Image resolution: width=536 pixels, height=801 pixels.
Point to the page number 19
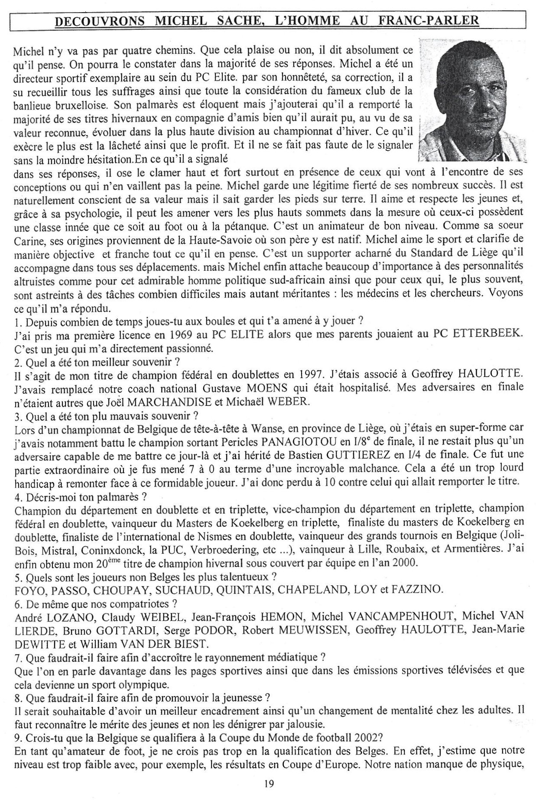point(268,783)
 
